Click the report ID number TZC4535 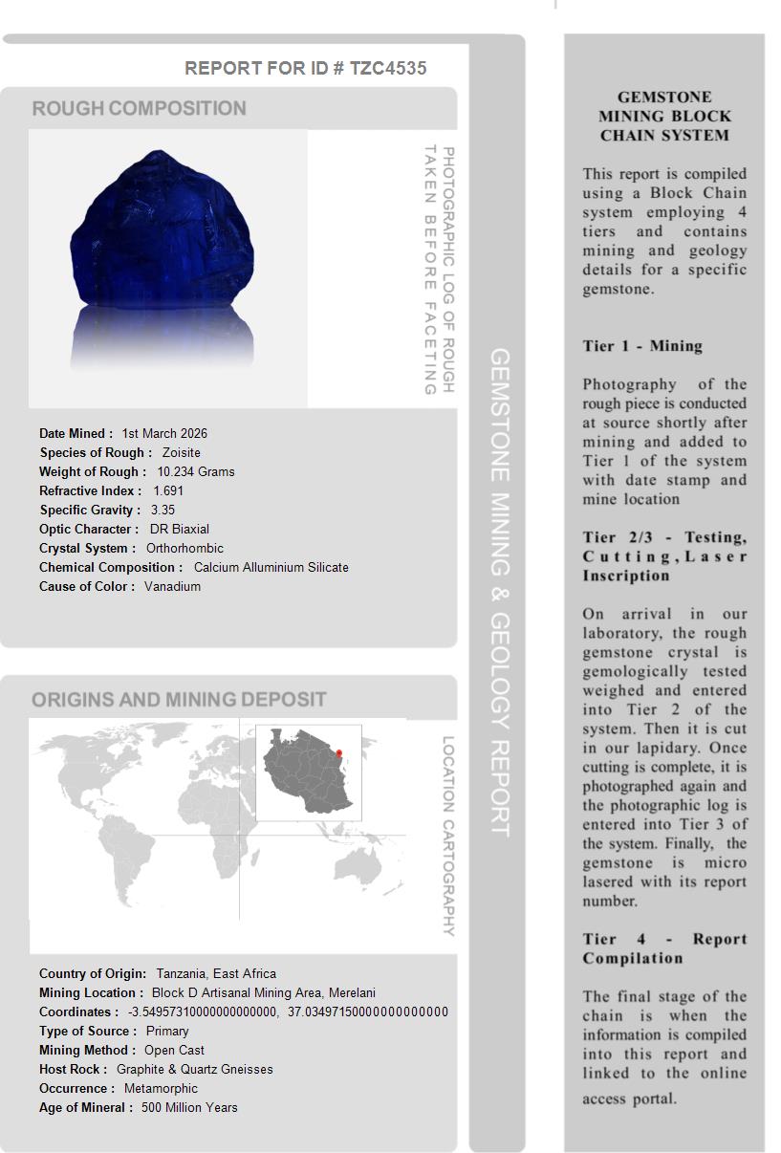388,68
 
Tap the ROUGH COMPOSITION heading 140,108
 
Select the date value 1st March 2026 164,433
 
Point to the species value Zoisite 182,452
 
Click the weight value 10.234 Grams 196,471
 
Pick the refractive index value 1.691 168,490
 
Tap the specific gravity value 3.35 163,510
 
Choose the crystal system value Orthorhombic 184,548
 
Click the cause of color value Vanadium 172,586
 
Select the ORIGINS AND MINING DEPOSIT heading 179,700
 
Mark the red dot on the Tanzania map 338,753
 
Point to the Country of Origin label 93,973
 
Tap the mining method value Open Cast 174,1050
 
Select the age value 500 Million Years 189,1107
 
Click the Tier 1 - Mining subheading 642,346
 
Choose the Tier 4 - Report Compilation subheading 664,948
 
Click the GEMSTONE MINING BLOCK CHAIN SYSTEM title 664,116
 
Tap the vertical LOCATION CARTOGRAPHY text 447,836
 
